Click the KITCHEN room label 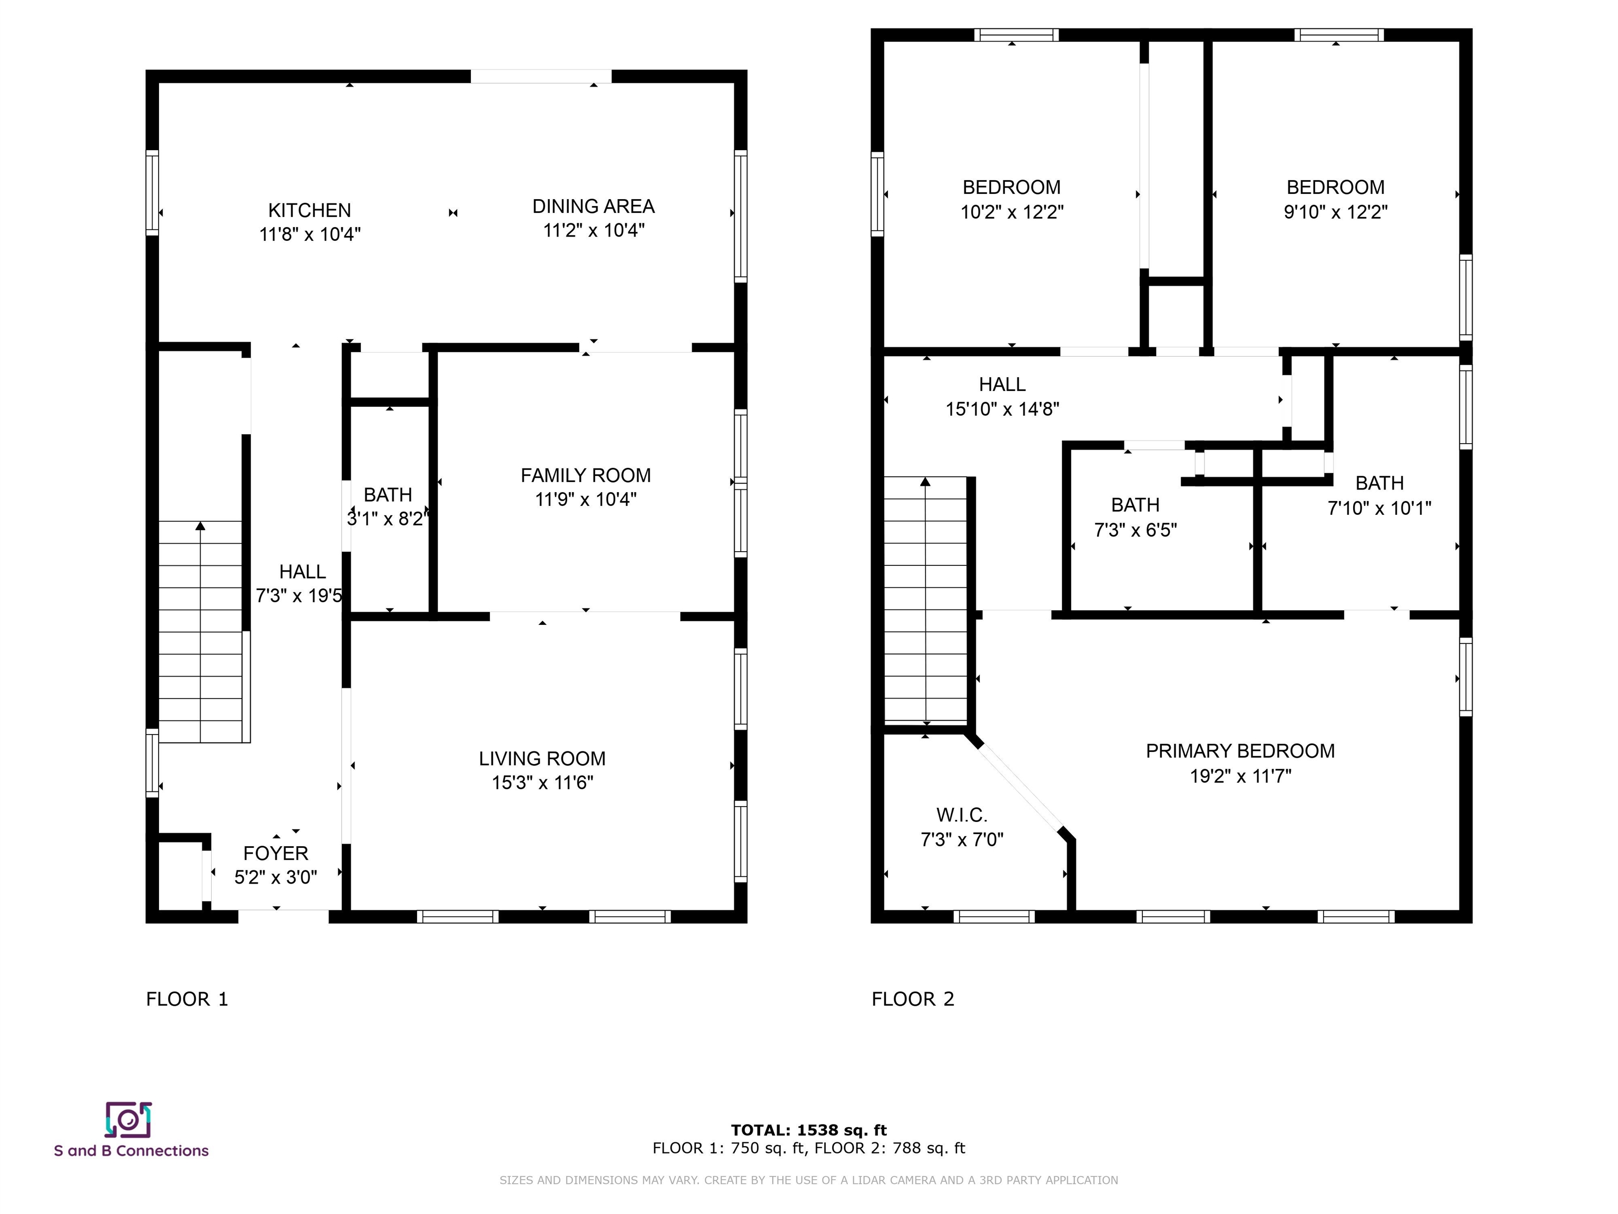click(309, 211)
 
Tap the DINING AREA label click(593, 207)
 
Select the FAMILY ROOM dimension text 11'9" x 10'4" click(586, 500)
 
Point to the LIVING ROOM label click(542, 759)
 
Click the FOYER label click(276, 853)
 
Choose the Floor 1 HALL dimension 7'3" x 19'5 click(299, 595)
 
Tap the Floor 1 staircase click(201, 632)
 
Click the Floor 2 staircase click(927, 600)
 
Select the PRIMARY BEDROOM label click(1240, 751)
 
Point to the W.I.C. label click(962, 815)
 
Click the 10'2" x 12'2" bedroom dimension click(1012, 212)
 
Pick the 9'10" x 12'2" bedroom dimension click(1336, 212)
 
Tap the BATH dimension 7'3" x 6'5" click(1135, 530)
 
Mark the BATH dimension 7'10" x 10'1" click(1379, 508)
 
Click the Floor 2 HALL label click(1002, 384)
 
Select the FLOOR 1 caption click(188, 1000)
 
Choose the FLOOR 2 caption click(913, 1000)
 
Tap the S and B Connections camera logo click(128, 1120)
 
